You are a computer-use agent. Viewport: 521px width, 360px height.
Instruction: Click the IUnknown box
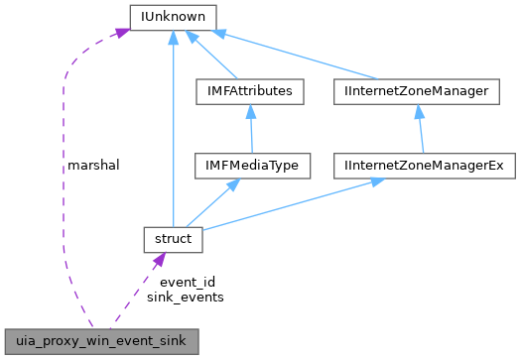coord(174,16)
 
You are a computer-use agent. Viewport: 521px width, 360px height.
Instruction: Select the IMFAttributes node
coord(249,91)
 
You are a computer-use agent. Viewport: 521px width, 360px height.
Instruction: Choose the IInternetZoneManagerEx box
coord(425,163)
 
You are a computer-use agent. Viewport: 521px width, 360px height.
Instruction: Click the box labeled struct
coord(173,238)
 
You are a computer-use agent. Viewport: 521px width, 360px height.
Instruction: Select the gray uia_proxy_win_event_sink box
coord(100,339)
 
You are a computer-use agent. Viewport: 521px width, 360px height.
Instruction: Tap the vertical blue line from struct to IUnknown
coord(174,129)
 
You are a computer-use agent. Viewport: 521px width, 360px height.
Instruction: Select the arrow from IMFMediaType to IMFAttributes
coord(249,129)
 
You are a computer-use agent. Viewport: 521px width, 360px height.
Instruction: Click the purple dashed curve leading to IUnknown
coord(65,179)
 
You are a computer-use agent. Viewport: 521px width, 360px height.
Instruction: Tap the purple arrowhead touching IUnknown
coord(119,33)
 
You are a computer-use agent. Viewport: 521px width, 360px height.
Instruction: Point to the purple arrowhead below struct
coord(157,260)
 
